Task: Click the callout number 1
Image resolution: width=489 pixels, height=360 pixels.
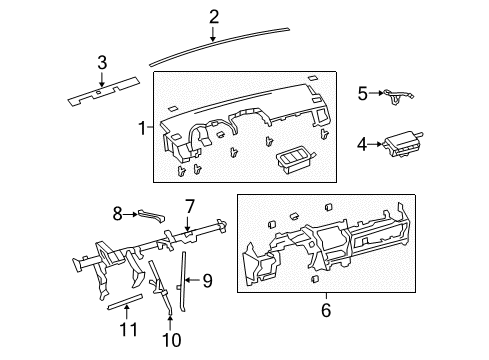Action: pyautogui.click(x=141, y=127)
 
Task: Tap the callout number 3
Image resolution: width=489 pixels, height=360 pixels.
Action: pyautogui.click(x=101, y=64)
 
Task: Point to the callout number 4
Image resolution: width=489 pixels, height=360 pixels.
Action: pyautogui.click(x=361, y=145)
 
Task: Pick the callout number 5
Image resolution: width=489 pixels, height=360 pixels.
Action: pyautogui.click(x=362, y=93)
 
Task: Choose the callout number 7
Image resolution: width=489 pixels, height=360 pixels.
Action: pyautogui.click(x=188, y=206)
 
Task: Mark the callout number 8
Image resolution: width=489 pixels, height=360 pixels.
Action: pyautogui.click(x=116, y=212)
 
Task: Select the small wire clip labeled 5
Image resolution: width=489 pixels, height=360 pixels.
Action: pyautogui.click(x=396, y=96)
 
